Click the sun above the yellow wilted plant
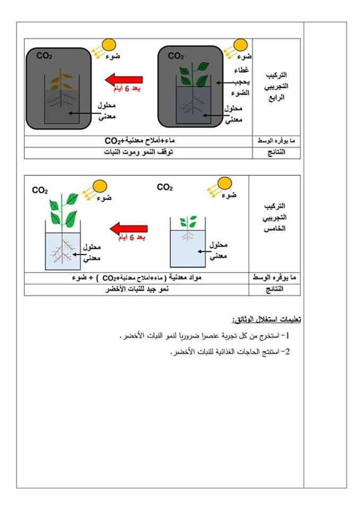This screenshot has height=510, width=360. coord(109,45)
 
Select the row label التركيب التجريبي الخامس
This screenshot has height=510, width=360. coord(275,217)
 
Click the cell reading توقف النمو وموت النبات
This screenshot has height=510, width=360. coord(138,152)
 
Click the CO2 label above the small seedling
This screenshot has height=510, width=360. coord(165,188)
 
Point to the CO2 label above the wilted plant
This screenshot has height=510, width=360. coord(44,55)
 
